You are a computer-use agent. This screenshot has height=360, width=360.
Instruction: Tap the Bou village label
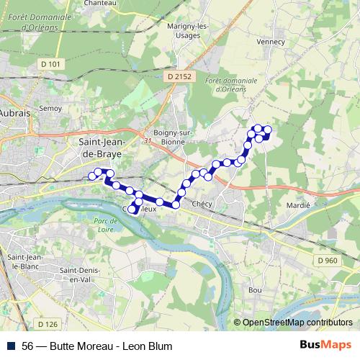(x=254, y=289)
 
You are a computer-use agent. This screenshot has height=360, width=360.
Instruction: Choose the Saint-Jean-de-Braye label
(x=100, y=148)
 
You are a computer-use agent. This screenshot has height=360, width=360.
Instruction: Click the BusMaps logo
(x=327, y=346)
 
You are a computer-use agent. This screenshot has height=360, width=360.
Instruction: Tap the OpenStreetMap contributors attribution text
(x=296, y=323)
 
